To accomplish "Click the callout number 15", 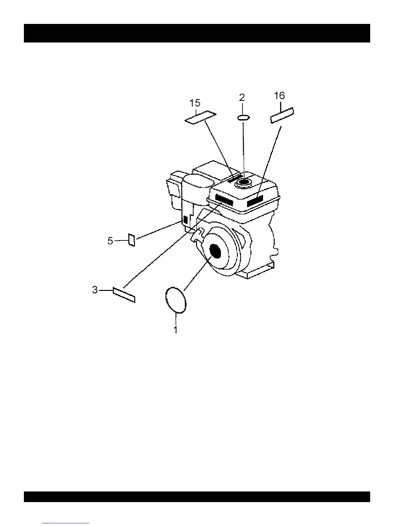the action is tap(195, 103).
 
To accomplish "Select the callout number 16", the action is tap(280, 96).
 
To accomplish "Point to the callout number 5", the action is tap(110, 241).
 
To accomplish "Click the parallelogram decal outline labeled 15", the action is tap(200, 117).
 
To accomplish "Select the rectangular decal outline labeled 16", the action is tap(282, 115).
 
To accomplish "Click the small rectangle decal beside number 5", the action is tap(132, 240).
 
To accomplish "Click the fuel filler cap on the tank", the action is tap(243, 182).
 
